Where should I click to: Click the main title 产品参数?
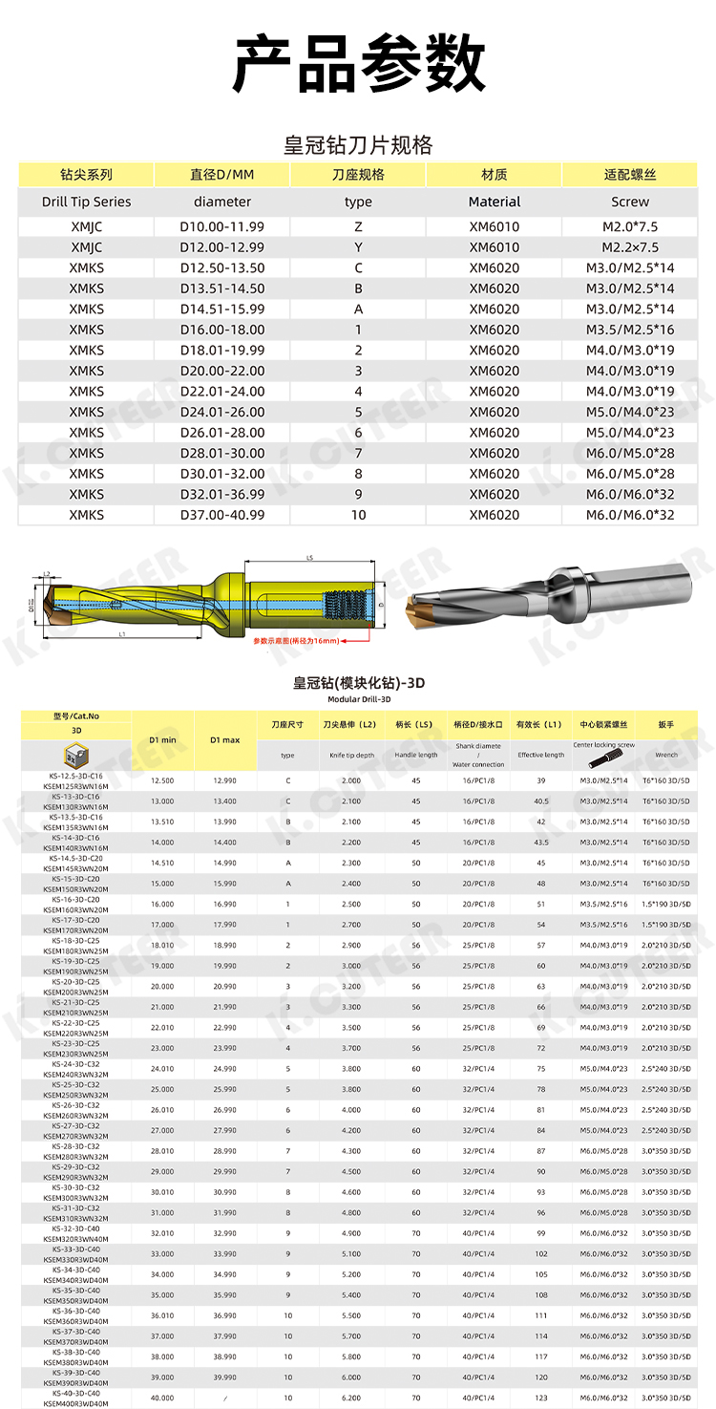358,64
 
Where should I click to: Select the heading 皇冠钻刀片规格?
358,145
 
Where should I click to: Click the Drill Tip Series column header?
86,202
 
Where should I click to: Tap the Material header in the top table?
495,202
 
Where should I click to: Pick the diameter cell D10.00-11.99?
221,226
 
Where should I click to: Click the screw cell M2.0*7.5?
629,226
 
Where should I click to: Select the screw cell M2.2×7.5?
629,247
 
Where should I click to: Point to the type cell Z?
358,226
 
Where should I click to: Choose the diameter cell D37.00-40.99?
221,515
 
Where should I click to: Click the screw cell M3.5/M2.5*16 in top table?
629,330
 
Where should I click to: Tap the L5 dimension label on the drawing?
310,558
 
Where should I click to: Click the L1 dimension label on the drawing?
125,634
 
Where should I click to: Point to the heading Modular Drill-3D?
358,699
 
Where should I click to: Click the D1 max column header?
225,740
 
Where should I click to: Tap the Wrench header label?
666,755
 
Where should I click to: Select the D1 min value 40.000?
162,1398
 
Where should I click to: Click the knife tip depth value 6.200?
351,1398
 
